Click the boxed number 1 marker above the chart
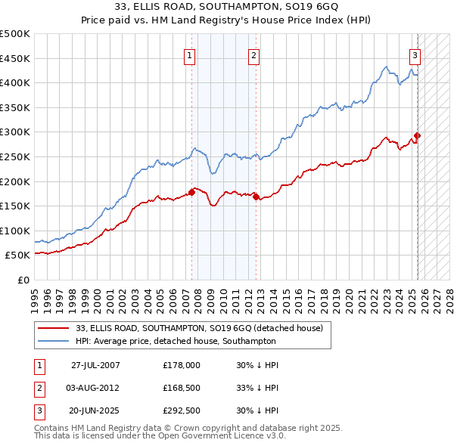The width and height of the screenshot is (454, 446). click(188, 54)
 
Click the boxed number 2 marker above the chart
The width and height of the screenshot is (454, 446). click(254, 54)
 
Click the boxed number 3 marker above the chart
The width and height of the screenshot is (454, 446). click(415, 54)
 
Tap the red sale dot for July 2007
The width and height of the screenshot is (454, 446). click(191, 192)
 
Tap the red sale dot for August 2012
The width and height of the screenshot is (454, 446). click(256, 197)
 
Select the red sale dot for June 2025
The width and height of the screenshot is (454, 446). click(417, 136)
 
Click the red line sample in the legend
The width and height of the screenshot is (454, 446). click(53, 328)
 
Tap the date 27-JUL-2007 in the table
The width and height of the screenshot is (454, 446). click(95, 364)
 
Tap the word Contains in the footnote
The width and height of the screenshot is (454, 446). click(52, 428)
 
